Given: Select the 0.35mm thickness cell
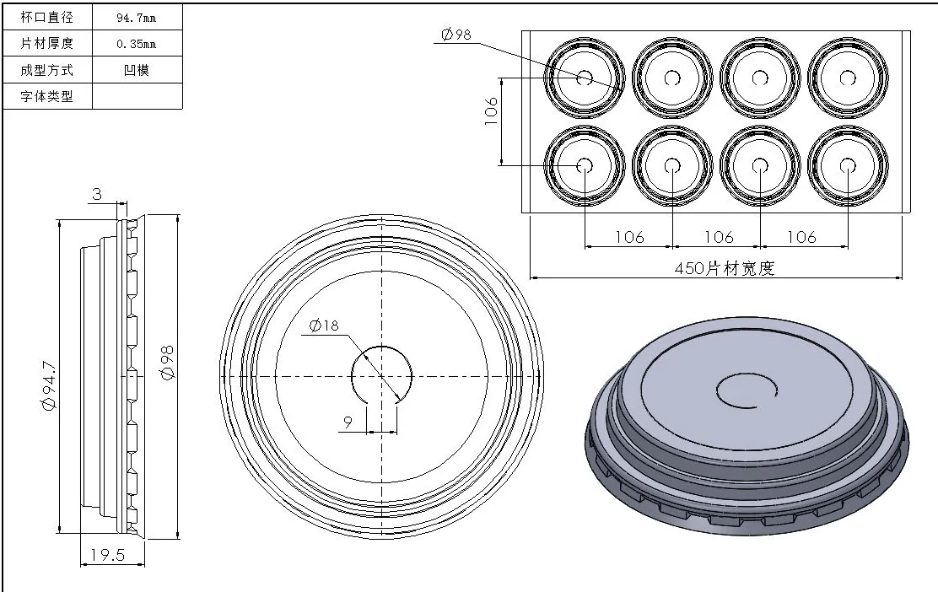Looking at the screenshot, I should point(136,44).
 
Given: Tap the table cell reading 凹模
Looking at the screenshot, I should point(136,70).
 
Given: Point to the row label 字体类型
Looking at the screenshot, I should point(46,96).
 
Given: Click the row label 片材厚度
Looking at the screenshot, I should point(46,44).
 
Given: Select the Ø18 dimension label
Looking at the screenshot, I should point(325,326).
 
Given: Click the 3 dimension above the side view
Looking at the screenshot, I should point(96,194).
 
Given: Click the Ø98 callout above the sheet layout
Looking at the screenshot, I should point(456,34).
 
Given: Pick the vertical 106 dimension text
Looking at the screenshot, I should point(492,111).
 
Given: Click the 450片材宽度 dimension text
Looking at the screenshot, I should point(724,268).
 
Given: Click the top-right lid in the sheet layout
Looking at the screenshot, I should point(847,78).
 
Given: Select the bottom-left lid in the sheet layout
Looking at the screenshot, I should point(585,165).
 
